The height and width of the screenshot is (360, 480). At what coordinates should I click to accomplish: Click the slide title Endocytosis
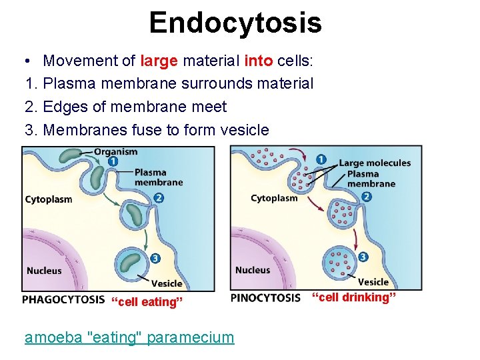[235, 23]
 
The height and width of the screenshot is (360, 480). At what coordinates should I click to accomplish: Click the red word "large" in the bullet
[159, 61]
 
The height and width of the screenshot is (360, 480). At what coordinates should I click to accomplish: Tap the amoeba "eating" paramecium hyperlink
[129, 337]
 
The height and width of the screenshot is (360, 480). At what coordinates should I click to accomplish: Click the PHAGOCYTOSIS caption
[63, 300]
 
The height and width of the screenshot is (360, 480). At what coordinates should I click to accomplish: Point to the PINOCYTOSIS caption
[265, 298]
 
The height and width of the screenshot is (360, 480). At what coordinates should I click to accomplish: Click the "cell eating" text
[147, 302]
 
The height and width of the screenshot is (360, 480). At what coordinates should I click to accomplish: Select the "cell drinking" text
[355, 297]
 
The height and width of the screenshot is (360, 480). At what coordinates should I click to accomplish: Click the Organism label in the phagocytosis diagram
[116, 151]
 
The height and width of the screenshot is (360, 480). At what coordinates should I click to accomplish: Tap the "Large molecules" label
[375, 163]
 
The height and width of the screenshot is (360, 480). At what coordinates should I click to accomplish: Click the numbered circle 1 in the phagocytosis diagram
[113, 161]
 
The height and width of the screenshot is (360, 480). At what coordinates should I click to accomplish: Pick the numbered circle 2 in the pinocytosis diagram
[367, 197]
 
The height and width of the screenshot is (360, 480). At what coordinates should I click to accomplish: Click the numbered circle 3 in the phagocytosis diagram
[155, 258]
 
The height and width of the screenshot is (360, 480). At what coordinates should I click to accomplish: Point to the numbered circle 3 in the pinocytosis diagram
[363, 257]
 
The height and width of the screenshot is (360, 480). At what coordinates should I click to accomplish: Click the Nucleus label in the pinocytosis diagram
[253, 270]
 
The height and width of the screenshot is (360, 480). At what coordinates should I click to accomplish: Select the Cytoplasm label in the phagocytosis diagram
[49, 199]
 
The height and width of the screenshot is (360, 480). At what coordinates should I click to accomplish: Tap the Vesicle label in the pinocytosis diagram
[373, 282]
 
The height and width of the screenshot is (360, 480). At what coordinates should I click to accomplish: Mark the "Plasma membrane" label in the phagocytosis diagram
[158, 177]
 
